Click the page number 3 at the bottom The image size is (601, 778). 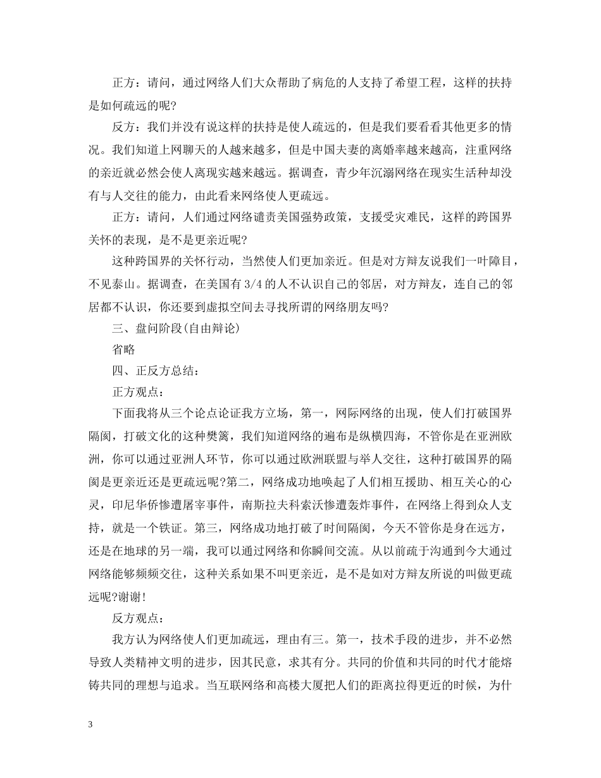[91, 725]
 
